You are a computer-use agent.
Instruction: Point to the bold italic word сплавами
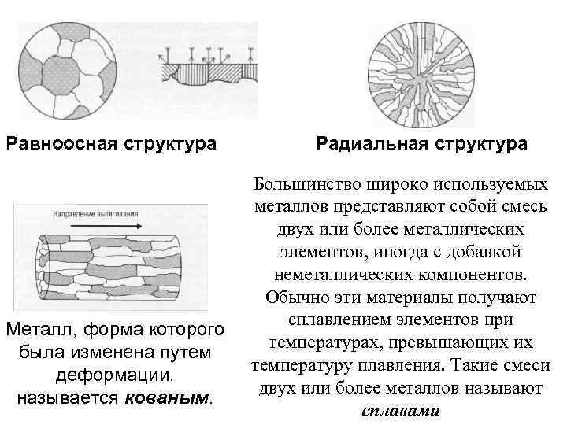[x=402, y=412]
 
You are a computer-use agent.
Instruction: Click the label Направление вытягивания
[x=96, y=213]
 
